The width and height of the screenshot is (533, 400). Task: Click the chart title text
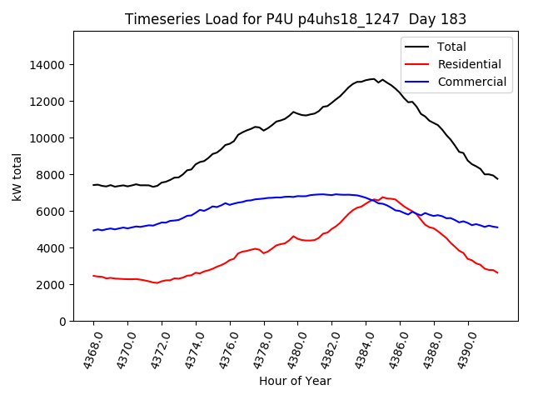point(296,18)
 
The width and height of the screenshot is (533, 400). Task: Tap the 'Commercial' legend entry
point(471,82)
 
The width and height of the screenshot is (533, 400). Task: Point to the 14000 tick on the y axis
point(48,65)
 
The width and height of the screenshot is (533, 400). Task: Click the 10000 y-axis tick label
point(48,138)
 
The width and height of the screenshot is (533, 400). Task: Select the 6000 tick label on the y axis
point(52,212)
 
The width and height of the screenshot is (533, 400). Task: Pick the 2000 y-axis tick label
point(52,285)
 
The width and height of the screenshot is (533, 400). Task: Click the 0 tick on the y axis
point(62,322)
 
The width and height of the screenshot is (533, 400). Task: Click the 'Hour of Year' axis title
point(295,381)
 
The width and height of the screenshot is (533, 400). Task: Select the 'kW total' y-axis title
point(17,177)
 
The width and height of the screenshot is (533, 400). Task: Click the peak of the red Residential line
point(382,197)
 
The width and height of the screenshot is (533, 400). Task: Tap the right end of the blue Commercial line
point(498,227)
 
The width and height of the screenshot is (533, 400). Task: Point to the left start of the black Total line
point(93,185)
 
